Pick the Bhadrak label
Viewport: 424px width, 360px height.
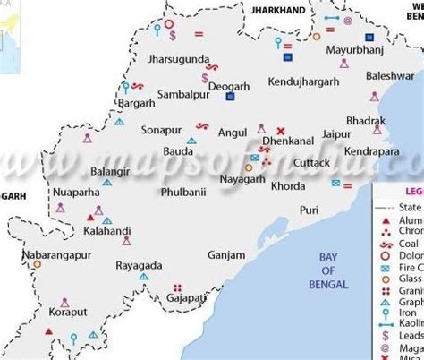pos(367,121)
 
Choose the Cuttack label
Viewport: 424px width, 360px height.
pos(311,163)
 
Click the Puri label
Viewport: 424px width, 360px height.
pos(309,210)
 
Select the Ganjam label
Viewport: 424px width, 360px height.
pos(225,254)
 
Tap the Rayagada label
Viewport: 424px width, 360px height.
pos(139,266)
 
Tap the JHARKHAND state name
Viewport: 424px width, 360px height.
pos(278,8)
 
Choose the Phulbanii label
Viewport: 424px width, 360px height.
pos(182,191)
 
